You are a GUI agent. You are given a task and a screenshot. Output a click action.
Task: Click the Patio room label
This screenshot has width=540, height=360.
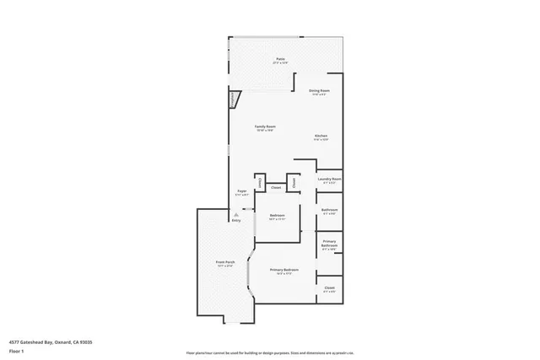pos(279,59)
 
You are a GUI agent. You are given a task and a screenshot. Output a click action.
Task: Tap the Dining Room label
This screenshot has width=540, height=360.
pos(318,90)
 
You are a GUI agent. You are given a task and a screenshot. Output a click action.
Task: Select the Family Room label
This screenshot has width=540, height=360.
pos(265,126)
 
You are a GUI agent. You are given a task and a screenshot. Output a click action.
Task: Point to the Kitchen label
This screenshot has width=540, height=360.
pos(321,136)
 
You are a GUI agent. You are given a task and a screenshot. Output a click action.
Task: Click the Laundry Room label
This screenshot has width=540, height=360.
pos(329,179)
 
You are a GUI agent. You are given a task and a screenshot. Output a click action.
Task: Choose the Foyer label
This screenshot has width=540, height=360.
pos(241,191)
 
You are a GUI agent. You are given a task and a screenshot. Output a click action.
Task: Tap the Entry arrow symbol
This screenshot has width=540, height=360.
pos(235,215)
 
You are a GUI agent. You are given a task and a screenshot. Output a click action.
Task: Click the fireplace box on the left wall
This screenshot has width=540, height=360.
pos(233,99)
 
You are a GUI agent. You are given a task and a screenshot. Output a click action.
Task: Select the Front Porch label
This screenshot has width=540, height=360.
pos(224,263)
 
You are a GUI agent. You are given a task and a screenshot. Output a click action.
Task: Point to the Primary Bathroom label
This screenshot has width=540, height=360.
pos(329,245)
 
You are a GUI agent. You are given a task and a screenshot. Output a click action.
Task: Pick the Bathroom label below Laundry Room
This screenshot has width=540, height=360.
pos(329,210)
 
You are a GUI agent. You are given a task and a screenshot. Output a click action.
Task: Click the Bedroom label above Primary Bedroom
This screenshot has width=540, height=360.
pos(277,216)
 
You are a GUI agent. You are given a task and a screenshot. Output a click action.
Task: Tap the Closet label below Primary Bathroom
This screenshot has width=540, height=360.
pos(329,288)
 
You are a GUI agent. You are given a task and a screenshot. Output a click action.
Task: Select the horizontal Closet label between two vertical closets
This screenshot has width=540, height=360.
pos(276,188)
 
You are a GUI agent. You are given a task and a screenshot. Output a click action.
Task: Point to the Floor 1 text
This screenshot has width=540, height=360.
pos(17,350)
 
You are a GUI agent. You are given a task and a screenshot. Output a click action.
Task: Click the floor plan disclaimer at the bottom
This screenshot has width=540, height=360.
pos(270,353)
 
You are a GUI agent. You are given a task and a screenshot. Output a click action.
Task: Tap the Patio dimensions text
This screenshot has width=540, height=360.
pos(279,63)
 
